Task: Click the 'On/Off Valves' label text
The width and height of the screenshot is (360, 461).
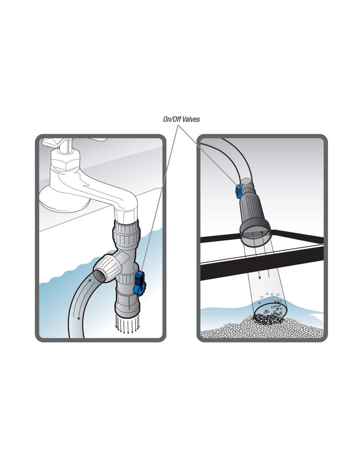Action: click(181, 119)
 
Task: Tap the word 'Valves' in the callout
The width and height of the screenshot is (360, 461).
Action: click(191, 119)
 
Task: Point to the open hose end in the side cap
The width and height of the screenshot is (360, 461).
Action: click(99, 275)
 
